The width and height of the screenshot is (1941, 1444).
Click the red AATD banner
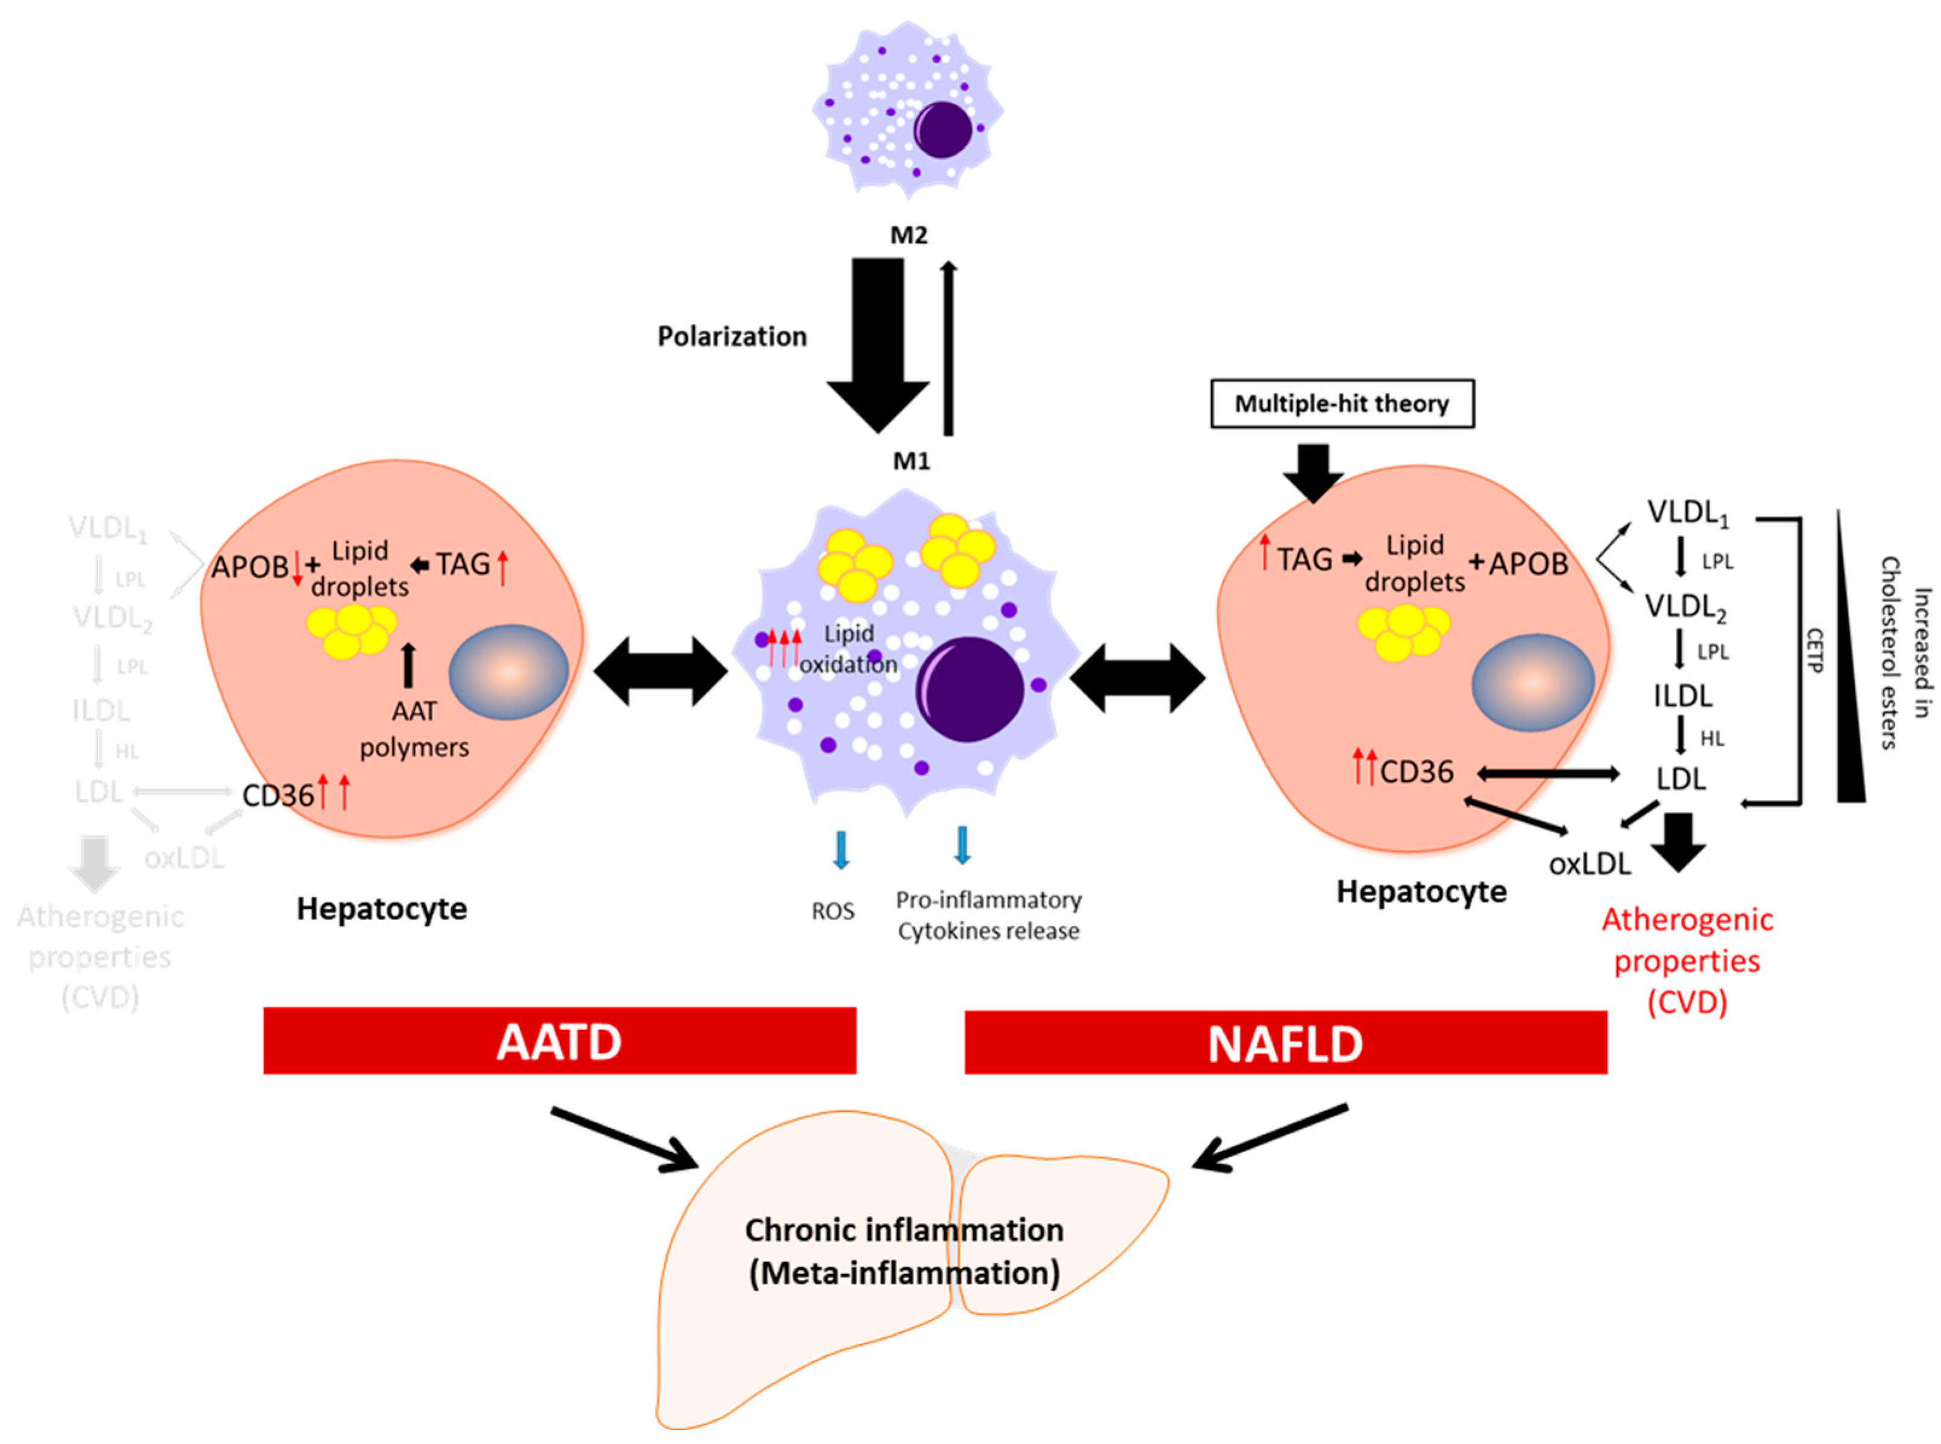[x=559, y=1040]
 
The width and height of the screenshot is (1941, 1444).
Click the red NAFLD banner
[x=1285, y=1042]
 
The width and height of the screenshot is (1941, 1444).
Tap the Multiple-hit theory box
[x=1342, y=404]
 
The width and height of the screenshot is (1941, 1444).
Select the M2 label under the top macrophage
[x=909, y=235]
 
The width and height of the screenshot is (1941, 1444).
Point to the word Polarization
[x=732, y=337]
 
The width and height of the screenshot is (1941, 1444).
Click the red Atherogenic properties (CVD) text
[x=1687, y=960]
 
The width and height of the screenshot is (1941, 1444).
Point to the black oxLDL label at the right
[x=1589, y=863]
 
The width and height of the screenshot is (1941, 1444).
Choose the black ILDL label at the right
[x=1682, y=696]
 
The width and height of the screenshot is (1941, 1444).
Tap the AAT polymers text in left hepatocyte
[x=414, y=729]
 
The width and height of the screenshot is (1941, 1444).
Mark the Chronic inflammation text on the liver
[x=904, y=1230]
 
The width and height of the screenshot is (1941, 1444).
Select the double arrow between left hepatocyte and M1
[x=661, y=671]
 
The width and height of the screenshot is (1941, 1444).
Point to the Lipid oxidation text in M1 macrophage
[x=848, y=648]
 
